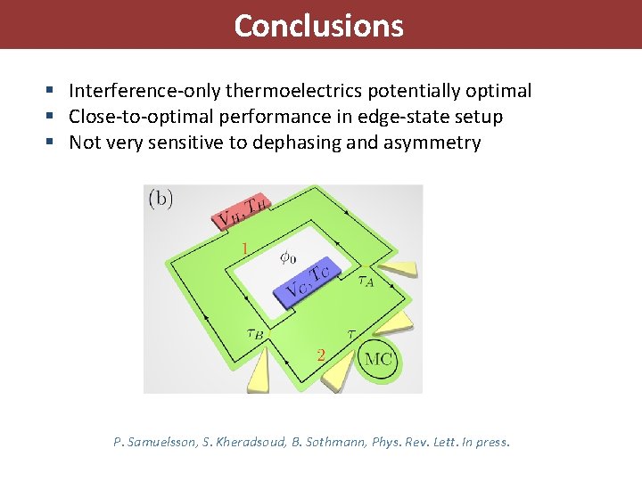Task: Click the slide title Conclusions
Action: (318, 25)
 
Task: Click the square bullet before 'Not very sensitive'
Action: (55, 143)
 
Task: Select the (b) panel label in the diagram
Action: (161, 199)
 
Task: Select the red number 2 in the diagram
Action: (320, 355)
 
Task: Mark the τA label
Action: (366, 281)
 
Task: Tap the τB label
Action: (254, 335)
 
